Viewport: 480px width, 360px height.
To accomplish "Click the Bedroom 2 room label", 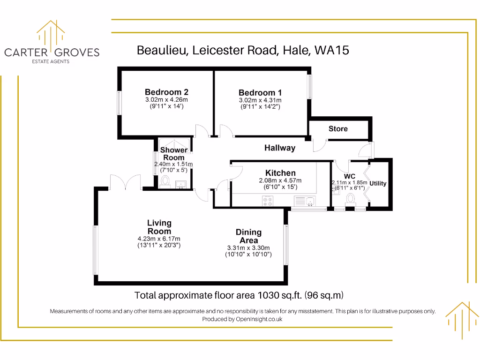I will pos(166,92).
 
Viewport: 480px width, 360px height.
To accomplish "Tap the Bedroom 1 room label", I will pos(260,93).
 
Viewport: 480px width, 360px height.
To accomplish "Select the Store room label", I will pos(338,128).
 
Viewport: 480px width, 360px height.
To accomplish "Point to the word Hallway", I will pos(280,148).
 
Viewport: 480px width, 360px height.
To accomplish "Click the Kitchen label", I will pos(280,173).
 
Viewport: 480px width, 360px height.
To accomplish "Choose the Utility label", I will pos(378,183).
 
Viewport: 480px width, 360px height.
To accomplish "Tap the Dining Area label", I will pos(248,236).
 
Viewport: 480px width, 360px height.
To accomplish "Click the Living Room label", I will pos(159,227).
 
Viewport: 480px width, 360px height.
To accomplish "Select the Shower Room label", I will pos(174,154).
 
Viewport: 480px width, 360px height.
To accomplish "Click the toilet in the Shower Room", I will pos(165,180).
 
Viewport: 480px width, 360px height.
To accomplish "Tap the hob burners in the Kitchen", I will pos(269,201).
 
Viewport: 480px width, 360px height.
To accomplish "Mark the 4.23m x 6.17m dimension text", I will pos(159,239).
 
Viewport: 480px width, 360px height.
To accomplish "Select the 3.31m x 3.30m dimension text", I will pos(248,248).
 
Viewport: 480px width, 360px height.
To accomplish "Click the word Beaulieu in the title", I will pos(162,50).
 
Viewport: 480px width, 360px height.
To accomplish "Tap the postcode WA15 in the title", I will pos(332,50).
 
